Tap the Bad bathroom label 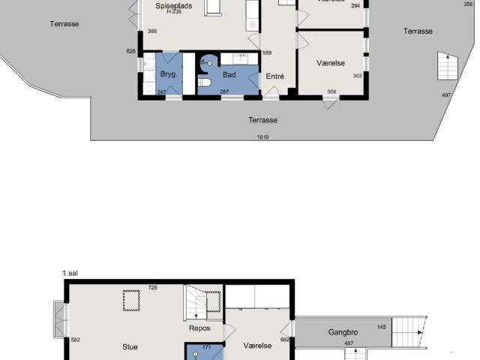pos(229,76)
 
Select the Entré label pos(275,76)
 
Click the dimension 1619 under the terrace pos(262,137)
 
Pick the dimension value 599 pos(266,52)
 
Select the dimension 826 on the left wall pos(131,51)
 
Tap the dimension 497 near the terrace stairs pos(446,95)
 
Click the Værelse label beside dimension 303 pos(331,63)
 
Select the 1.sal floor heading pos(71,274)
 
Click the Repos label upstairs pos(199,328)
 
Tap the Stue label pos(130,347)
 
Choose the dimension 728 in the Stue pos(152,287)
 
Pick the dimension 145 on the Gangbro pos(382,327)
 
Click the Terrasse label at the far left pos(64,24)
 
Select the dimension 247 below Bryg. pos(161,92)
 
